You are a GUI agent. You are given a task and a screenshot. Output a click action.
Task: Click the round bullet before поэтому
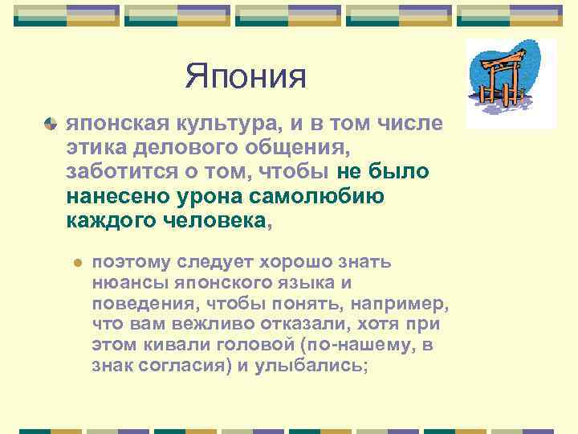point(77,263)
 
